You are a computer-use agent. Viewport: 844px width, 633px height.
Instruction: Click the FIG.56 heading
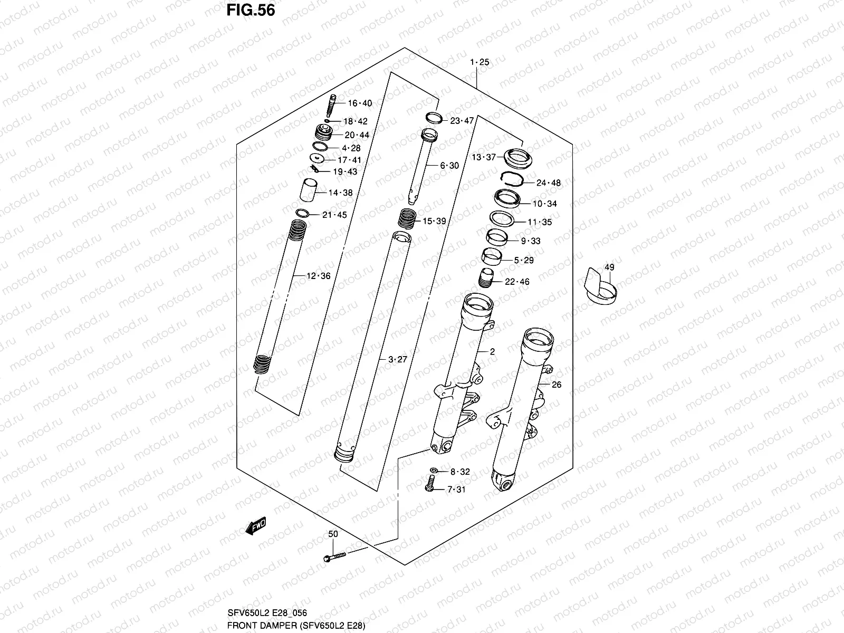tap(251, 11)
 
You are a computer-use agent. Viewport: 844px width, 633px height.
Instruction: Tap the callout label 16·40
tap(359, 103)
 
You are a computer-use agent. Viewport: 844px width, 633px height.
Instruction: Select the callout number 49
tap(609, 267)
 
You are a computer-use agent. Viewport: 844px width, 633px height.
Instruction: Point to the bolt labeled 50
tap(333, 557)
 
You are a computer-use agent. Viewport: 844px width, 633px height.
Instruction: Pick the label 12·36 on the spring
tap(318, 276)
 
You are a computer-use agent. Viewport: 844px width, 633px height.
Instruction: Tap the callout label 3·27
tap(398, 360)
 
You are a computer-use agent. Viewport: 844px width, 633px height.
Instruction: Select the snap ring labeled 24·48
tap(511, 179)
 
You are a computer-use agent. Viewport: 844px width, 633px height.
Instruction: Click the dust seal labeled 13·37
tap(517, 158)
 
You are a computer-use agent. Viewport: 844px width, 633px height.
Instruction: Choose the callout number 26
tap(557, 385)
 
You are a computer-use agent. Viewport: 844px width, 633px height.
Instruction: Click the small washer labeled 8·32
tap(434, 470)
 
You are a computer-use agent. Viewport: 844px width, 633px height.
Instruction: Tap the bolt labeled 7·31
tap(429, 483)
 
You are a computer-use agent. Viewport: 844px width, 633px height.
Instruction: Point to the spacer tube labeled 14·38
tap(310, 190)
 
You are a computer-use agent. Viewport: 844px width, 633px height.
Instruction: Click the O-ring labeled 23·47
tap(433, 117)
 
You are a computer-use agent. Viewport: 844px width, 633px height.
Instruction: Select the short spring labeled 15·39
tap(407, 217)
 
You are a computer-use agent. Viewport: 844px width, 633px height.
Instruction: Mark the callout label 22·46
tap(517, 282)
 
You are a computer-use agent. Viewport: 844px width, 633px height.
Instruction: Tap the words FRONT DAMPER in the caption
tap(251, 626)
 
